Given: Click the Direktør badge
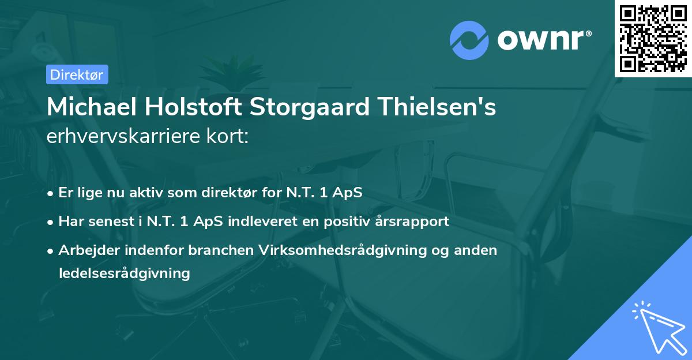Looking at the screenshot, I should pyautogui.click(x=77, y=74).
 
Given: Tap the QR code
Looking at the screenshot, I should pyautogui.click(x=653, y=39).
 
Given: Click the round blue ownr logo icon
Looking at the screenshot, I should pyautogui.click(x=469, y=40).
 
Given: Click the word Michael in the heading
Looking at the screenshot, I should pyautogui.click(x=89, y=107).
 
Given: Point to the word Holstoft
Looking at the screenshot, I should pyautogui.click(x=187, y=107).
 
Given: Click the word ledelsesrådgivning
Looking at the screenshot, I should pyautogui.click(x=124, y=273).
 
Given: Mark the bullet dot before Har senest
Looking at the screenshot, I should pyautogui.click(x=51, y=222).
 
